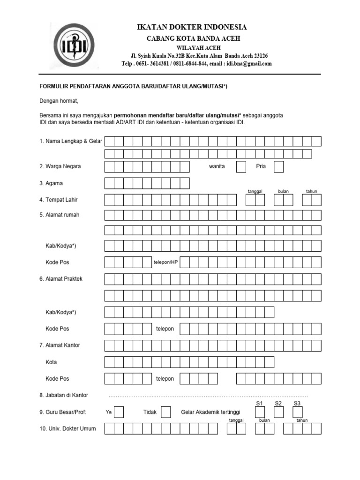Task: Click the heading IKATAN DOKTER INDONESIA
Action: (192, 27)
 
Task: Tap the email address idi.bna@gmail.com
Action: (249, 64)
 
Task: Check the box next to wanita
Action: (241, 166)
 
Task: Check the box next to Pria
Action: (278, 166)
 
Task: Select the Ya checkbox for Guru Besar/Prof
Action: (119, 412)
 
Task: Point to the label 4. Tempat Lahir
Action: (58, 200)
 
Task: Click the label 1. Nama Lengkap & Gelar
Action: (70, 141)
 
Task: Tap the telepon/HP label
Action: (165, 262)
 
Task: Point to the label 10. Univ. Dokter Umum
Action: (67, 428)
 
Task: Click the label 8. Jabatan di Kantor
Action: (64, 395)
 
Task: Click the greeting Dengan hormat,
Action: (59, 101)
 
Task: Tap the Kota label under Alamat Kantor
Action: (51, 362)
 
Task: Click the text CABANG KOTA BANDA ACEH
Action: (191, 38)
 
